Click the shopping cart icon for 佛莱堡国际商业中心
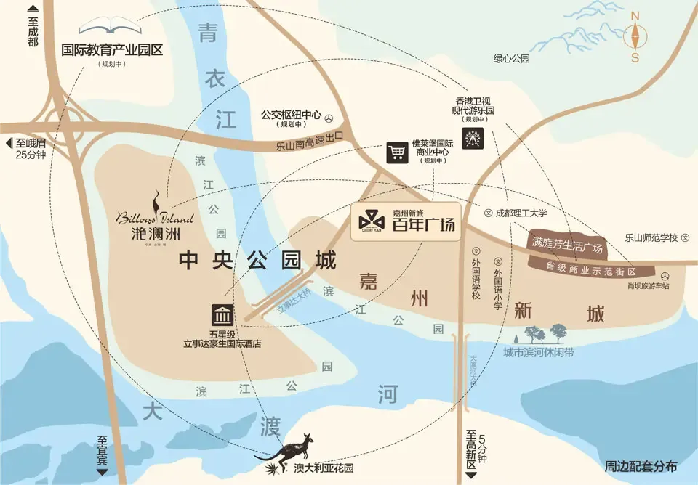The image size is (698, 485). (396, 152)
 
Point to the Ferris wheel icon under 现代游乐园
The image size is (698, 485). (472, 137)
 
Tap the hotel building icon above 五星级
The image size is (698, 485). (222, 316)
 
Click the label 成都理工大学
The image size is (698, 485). (521, 213)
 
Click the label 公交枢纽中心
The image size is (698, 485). (291, 115)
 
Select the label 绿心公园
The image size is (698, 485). (512, 59)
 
